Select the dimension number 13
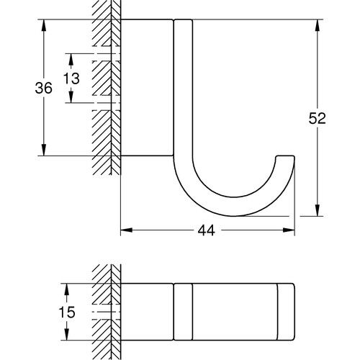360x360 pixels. point(71,78)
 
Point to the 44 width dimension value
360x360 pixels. point(207,230)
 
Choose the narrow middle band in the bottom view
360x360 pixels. point(183,310)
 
